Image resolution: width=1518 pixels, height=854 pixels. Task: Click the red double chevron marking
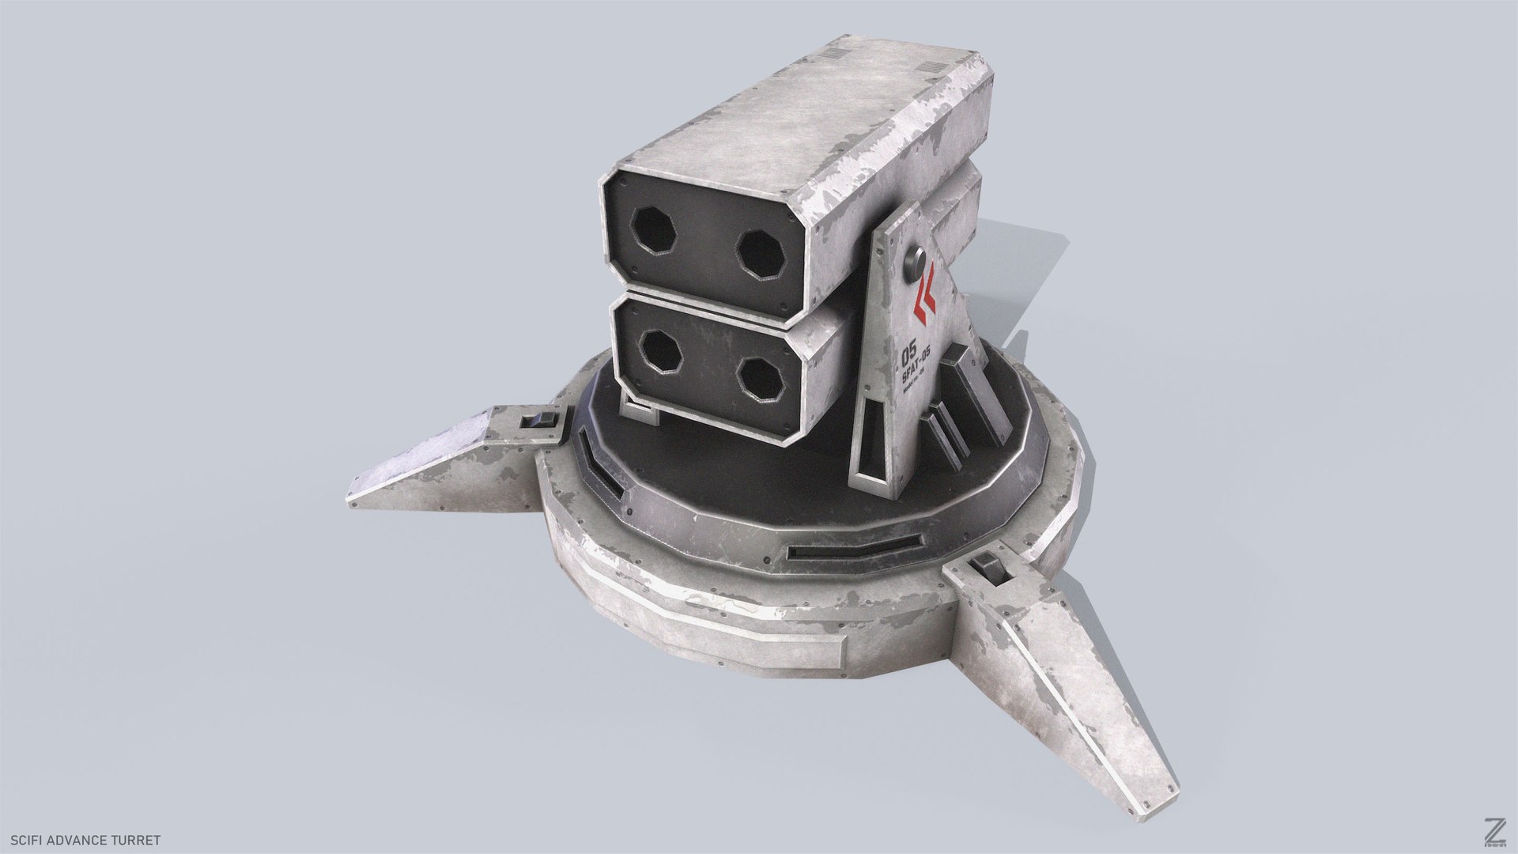(x=923, y=297)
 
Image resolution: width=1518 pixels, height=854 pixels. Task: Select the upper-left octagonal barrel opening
(x=656, y=231)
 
